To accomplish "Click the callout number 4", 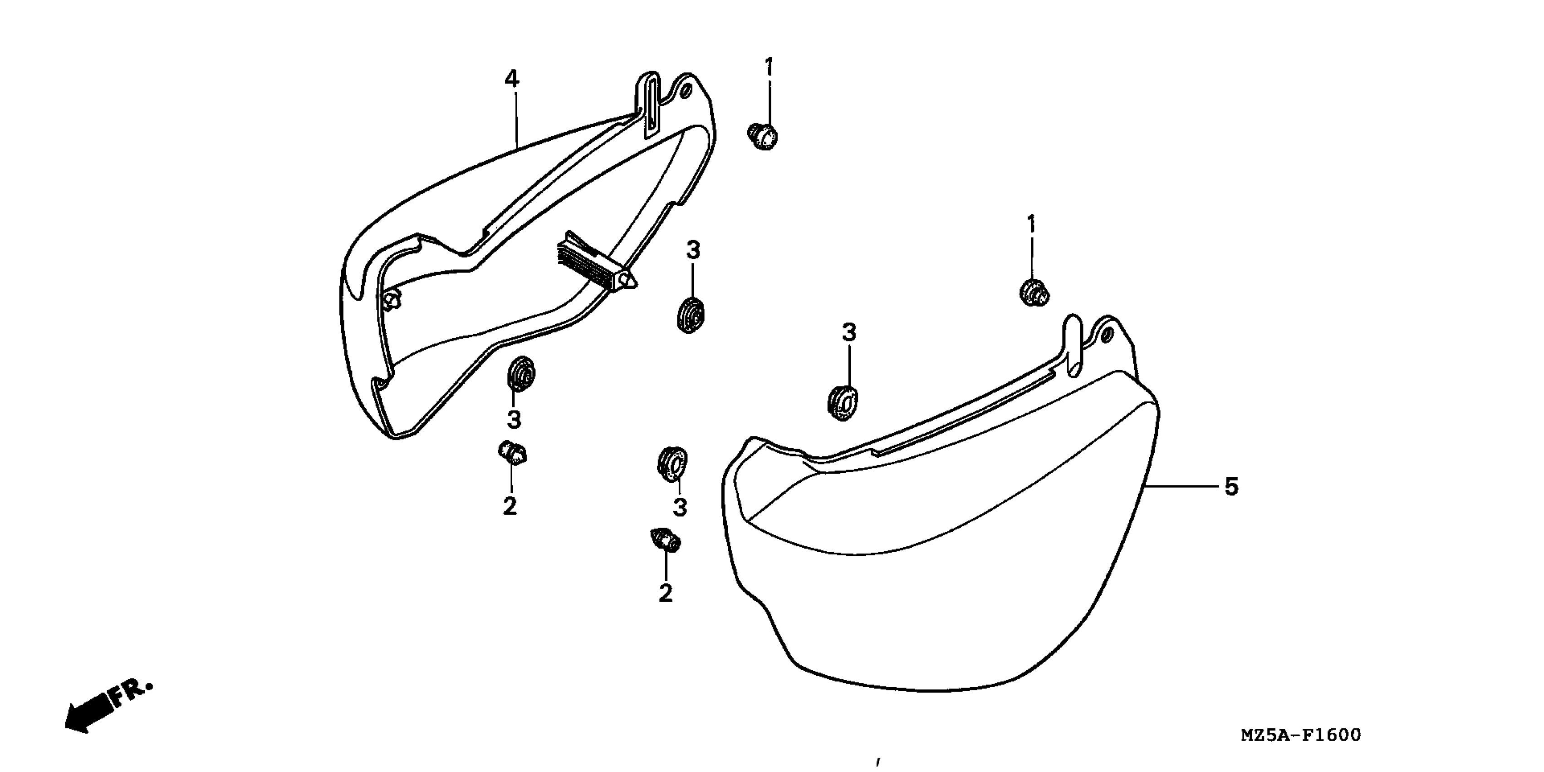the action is point(511,79).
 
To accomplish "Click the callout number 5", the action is point(1230,486).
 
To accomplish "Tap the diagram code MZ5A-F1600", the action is point(1301,735).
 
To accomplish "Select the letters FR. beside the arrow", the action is point(132,694).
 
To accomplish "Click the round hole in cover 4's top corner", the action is point(687,91).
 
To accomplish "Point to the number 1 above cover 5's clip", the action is point(1031,225).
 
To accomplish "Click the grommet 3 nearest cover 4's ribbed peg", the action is point(691,315).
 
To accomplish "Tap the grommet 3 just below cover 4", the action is point(521,374).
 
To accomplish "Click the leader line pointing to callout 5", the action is point(1184,486).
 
